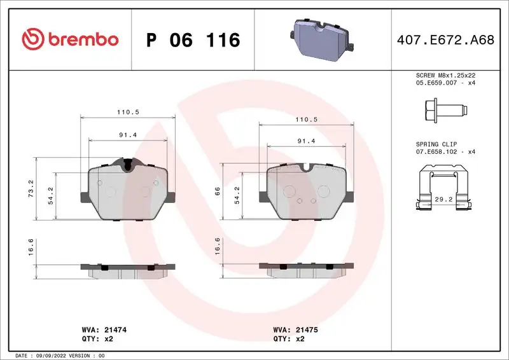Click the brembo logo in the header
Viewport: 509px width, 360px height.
pyautogui.click(x=70, y=39)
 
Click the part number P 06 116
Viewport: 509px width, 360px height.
pyautogui.click(x=193, y=40)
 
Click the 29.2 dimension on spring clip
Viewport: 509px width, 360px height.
pyautogui.click(x=444, y=198)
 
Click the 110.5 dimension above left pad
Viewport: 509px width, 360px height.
pyautogui.click(x=129, y=112)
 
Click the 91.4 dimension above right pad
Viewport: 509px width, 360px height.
pyautogui.click(x=307, y=142)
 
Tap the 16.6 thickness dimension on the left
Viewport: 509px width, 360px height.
pyautogui.click(x=31, y=245)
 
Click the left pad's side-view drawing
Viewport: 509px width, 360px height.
pyautogui.click(x=127, y=270)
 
